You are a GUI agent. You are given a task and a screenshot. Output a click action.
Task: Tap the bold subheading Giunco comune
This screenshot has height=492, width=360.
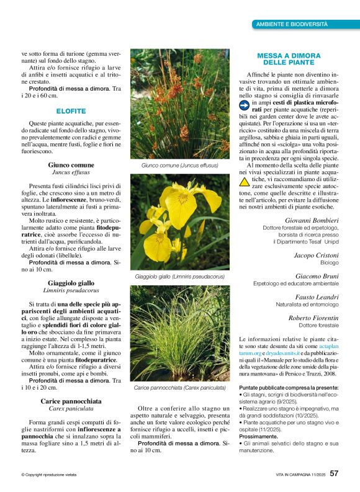71,165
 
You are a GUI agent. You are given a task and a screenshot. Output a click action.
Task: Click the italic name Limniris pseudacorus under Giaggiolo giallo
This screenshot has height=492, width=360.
71,290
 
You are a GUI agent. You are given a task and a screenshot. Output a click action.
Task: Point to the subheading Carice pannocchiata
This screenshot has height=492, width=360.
71,401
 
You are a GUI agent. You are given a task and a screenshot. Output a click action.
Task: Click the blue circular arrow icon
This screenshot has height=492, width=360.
245,106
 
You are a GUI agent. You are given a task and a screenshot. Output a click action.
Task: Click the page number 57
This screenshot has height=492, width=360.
334,473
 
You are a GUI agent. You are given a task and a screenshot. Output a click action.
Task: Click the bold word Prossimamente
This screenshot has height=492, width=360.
260,418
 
